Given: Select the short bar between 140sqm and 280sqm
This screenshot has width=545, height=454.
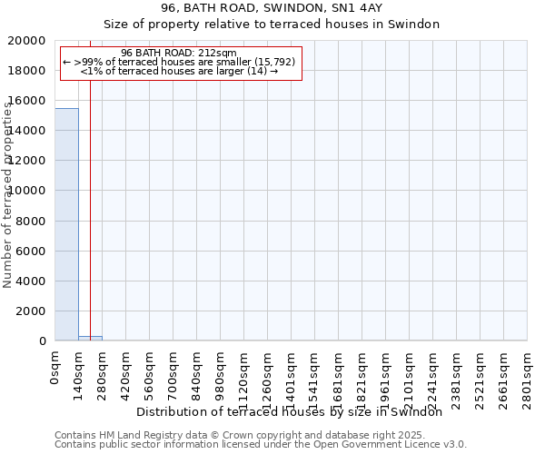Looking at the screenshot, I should pos(90,338).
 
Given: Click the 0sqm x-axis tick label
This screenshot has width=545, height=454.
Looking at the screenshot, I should pos(55,368).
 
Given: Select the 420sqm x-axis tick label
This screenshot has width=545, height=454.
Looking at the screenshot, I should pos(126,374).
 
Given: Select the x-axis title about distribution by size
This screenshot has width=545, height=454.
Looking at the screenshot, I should pos(295,411).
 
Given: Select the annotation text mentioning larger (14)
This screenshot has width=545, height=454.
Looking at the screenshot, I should pos(178,71).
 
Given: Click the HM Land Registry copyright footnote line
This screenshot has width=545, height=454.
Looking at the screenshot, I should pos(240,435).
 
